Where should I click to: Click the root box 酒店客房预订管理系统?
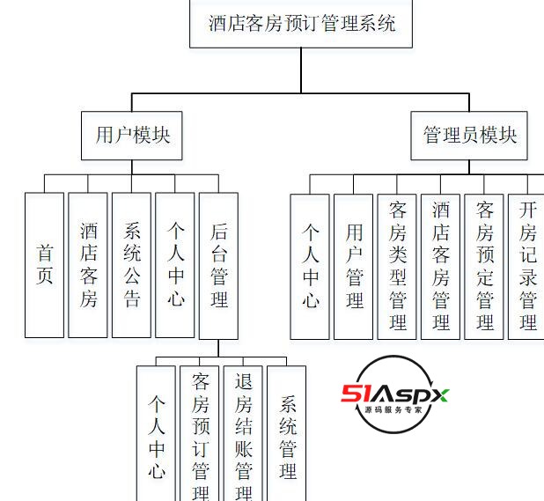click(x=302, y=23)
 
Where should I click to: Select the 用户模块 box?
click(x=132, y=136)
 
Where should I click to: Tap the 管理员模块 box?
click(x=469, y=136)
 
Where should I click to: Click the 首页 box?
click(x=44, y=265)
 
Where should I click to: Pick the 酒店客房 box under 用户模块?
click(x=88, y=265)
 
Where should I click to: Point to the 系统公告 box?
click(x=132, y=265)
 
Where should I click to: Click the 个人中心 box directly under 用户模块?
click(x=175, y=265)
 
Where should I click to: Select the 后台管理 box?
click(x=219, y=265)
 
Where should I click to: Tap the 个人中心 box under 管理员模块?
click(x=310, y=267)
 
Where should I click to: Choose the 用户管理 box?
click(x=354, y=267)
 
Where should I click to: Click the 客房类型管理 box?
click(x=397, y=267)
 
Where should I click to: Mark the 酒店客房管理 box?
click(x=441, y=267)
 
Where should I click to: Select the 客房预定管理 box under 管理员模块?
click(x=484, y=267)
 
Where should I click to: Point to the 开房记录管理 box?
click(x=526, y=267)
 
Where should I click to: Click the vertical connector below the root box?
click(x=302, y=70)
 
